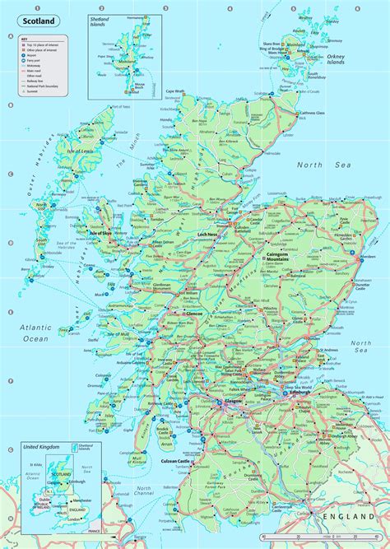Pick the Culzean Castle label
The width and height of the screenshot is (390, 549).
point(177,440)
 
